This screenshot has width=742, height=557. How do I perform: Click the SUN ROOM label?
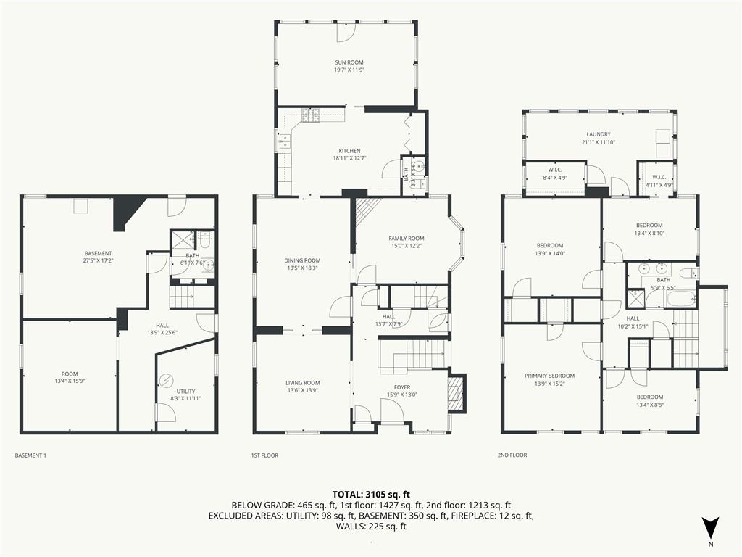pos(349,62)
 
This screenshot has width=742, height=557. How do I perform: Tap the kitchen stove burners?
pos(311,115)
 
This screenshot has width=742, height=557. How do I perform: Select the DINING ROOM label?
pos(302,260)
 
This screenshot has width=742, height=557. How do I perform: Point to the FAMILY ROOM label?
pos(407,239)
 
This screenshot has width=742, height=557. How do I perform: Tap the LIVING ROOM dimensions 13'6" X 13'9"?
pos(302,391)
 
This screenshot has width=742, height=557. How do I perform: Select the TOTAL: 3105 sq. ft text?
pos(371,495)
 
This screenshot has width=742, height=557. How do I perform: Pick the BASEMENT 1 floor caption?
pos(30,455)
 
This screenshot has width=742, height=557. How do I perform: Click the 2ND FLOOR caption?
pos(512,455)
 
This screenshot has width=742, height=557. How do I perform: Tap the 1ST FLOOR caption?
pos(264,455)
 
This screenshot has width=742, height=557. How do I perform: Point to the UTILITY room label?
pos(185,392)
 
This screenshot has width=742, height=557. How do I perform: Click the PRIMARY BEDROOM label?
pos(549,376)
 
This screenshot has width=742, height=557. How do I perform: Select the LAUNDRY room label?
pos(599,134)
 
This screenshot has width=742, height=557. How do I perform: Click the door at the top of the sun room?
pos(346,31)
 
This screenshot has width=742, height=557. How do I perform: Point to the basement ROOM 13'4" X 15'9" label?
pos(70,377)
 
